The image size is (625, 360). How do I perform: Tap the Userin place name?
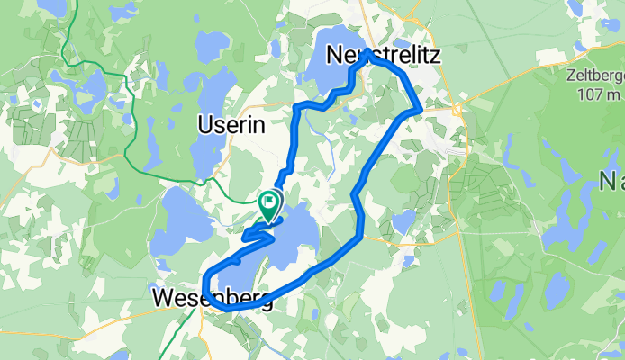231,126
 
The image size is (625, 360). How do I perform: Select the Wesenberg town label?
213,297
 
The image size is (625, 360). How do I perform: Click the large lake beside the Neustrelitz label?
338,63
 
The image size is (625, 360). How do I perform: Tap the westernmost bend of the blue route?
206,279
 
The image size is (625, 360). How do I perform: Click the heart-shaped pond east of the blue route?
404,220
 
